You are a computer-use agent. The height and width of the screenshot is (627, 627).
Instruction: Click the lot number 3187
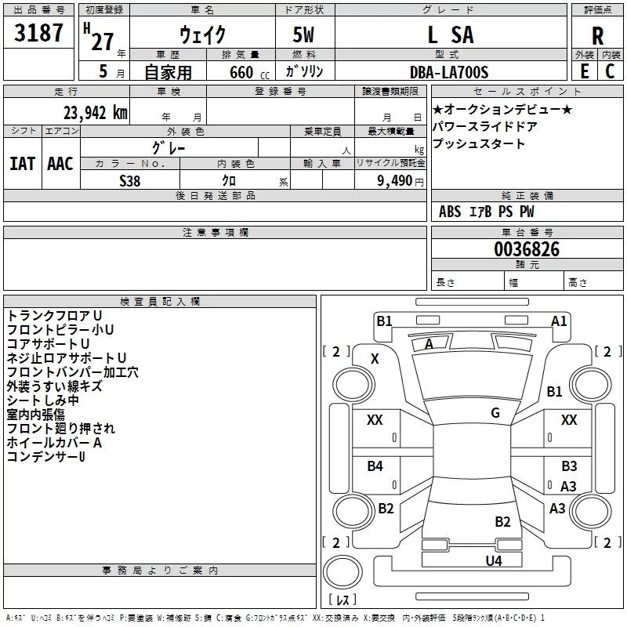(x=38, y=33)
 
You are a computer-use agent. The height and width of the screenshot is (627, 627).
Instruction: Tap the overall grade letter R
(x=597, y=36)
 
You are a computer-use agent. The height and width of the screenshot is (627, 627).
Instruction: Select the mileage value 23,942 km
(x=95, y=113)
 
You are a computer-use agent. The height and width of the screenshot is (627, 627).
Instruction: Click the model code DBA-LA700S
(x=449, y=72)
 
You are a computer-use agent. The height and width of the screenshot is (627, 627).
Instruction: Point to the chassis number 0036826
(x=527, y=249)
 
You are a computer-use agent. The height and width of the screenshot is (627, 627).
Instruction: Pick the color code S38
(x=130, y=181)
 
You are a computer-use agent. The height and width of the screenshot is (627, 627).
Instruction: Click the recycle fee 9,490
(x=395, y=181)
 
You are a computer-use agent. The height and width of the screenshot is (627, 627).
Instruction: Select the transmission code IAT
(x=23, y=164)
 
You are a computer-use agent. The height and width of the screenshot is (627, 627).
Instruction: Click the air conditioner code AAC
(x=60, y=164)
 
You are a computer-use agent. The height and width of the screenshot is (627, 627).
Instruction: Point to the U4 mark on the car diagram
(x=494, y=560)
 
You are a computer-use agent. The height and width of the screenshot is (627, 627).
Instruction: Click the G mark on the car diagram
(x=495, y=412)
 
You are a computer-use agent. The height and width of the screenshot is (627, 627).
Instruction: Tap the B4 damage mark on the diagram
(x=375, y=466)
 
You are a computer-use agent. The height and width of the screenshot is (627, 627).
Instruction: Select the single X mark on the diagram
(x=375, y=359)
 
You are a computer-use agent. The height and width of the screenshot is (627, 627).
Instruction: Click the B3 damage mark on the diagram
(x=569, y=466)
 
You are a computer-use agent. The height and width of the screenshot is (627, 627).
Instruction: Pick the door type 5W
(x=303, y=34)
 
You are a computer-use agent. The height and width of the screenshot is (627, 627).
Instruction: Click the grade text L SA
(x=451, y=34)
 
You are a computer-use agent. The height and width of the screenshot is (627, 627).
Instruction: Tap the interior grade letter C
(x=610, y=71)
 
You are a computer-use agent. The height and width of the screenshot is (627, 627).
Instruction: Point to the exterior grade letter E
(x=585, y=71)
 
